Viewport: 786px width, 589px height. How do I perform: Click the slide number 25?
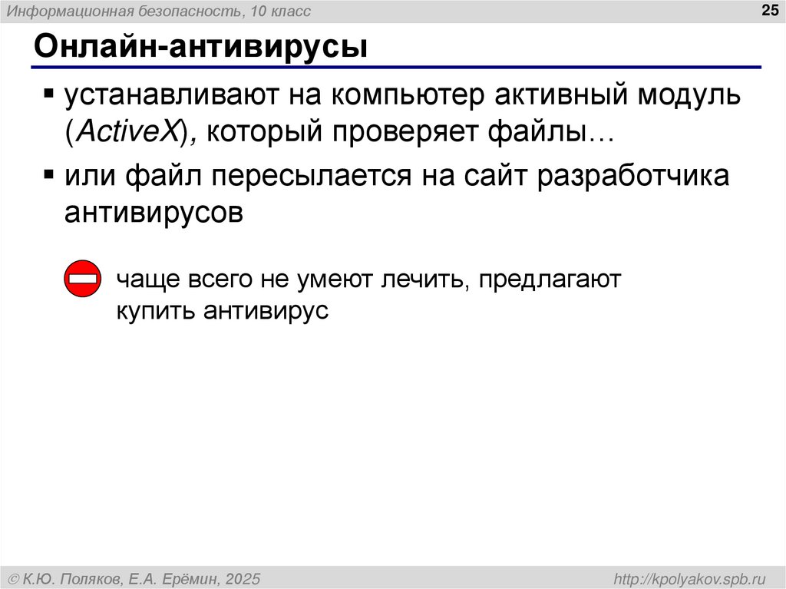pyautogui.click(x=768, y=10)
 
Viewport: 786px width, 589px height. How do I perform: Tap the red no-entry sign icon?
pyautogui.click(x=81, y=280)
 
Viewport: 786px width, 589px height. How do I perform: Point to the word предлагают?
pyautogui.click(x=548, y=279)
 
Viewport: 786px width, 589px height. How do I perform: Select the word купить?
pyautogui.click(x=157, y=311)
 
